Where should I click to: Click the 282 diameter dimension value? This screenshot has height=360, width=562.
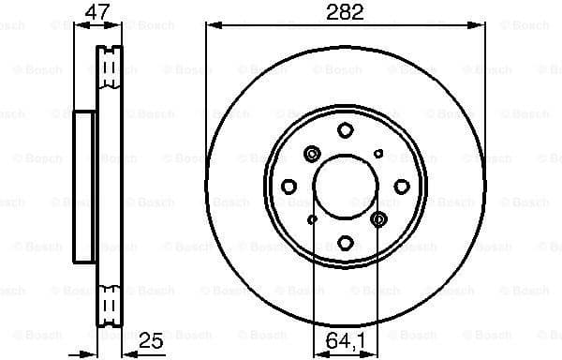[345, 12]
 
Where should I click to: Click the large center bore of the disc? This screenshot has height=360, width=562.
[345, 185]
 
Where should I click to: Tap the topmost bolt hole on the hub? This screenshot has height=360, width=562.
[345, 129]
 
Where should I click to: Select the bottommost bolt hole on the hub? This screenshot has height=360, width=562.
[345, 241]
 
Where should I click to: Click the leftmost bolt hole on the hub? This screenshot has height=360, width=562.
[289, 186]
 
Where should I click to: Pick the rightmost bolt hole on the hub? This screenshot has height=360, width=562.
[400, 186]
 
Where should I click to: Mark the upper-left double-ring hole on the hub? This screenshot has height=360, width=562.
[312, 152]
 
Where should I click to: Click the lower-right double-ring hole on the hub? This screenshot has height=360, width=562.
[378, 219]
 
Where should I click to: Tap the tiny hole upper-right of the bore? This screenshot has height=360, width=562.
[378, 152]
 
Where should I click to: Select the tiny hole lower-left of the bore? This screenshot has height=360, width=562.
[312, 219]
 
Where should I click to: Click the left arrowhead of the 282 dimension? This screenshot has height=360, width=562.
[210, 25]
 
